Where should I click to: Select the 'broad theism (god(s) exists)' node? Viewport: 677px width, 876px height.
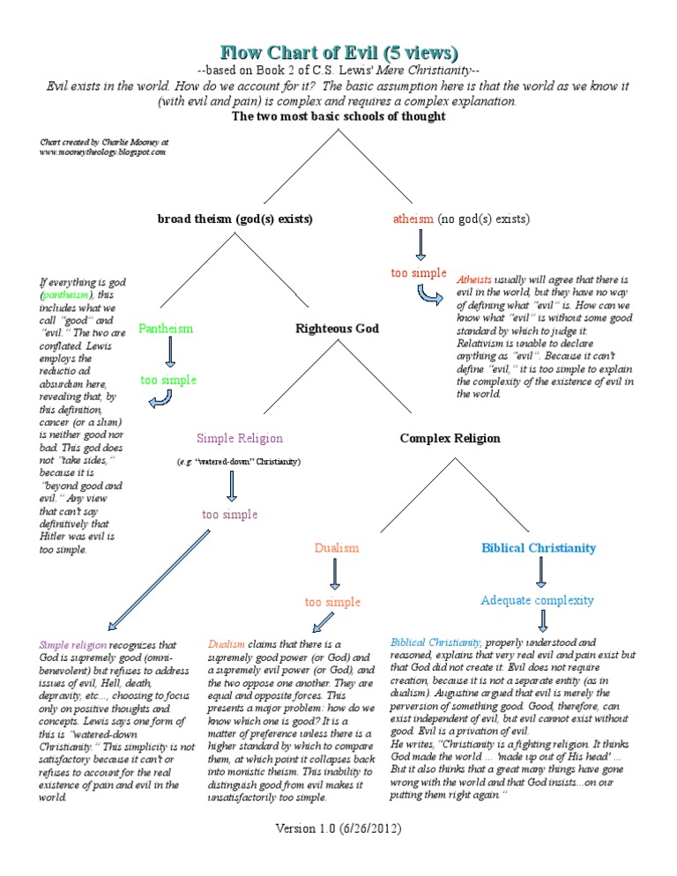coord(235,219)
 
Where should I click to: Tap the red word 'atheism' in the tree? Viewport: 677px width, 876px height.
coord(413,219)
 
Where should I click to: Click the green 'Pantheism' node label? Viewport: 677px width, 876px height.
coord(165,329)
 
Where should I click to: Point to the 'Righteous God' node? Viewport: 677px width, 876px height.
coord(337,329)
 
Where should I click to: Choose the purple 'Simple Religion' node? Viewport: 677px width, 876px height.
coord(240,438)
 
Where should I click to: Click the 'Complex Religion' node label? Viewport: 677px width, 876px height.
coord(450,438)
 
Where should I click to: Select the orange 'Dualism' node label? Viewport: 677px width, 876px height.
coord(337,548)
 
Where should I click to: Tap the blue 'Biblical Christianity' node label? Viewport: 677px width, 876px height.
coord(539,548)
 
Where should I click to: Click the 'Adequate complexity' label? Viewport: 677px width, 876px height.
coord(537,600)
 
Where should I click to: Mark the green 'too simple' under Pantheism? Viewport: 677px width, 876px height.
coord(168,381)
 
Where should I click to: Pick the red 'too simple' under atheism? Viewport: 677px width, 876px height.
coord(419,273)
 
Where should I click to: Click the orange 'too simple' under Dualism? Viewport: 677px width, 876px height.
coord(332,602)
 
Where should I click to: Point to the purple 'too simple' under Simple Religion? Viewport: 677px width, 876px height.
coord(229,514)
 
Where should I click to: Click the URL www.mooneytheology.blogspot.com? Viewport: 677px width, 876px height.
coord(102,152)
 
